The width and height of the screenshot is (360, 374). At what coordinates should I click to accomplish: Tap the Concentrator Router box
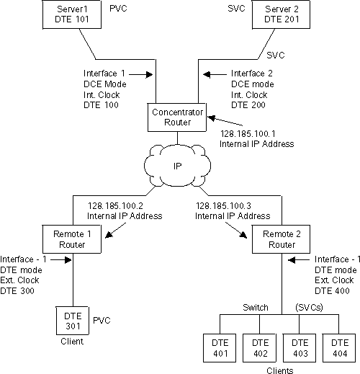(x=176, y=117)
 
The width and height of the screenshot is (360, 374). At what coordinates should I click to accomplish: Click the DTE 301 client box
(x=71, y=321)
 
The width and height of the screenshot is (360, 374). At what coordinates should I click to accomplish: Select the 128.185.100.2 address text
(x=116, y=205)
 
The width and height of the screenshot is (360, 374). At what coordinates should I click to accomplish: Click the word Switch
(x=256, y=308)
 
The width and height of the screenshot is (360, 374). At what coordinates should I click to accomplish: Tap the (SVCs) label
(x=308, y=308)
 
